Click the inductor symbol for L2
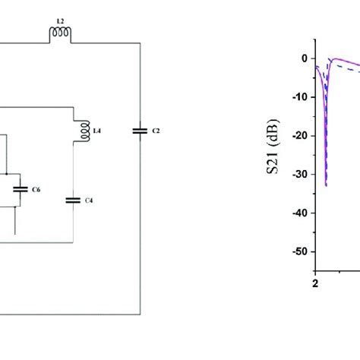pyautogui.click(x=59, y=33)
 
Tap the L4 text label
pyautogui.click(x=96, y=131)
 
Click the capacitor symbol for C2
pyautogui.click(x=139, y=131)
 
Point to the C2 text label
pyautogui.click(x=156, y=131)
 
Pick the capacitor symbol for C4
pyautogui.click(x=73, y=201)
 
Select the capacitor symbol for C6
pyautogui.click(x=21, y=188)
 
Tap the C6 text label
pyautogui.click(x=36, y=188)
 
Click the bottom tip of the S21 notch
pyautogui.click(x=327, y=185)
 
